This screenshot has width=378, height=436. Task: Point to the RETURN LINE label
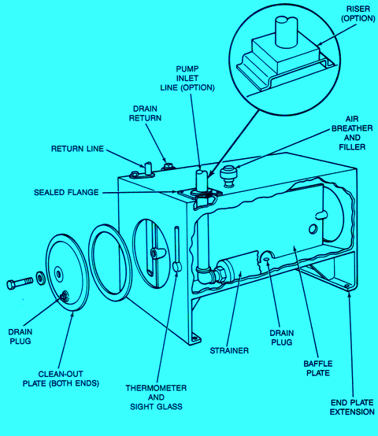78,148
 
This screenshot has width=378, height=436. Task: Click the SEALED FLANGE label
67,192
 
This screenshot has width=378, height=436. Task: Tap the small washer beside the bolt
39,279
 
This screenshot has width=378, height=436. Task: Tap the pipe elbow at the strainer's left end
207,276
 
